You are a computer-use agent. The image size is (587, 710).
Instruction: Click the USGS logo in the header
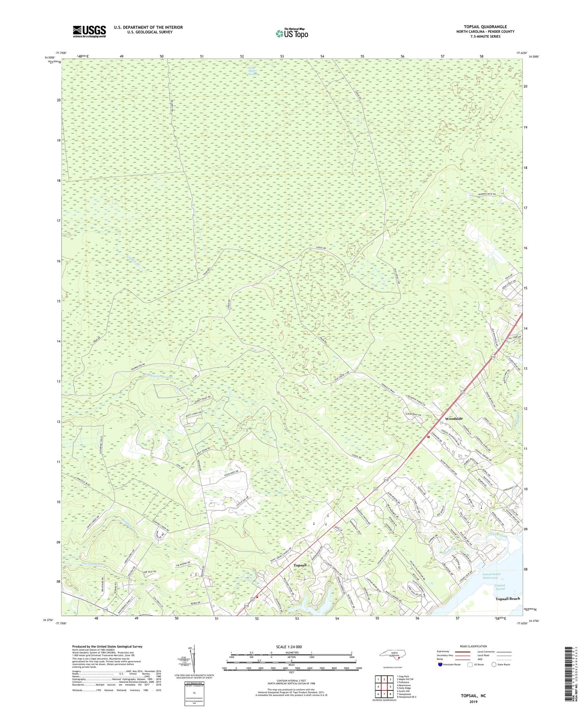coord(89,31)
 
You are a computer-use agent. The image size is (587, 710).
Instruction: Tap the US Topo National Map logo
coord(292,33)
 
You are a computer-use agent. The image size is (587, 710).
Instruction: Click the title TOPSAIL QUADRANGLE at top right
coord(485,27)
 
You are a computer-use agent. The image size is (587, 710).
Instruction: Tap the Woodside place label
coord(456,419)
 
